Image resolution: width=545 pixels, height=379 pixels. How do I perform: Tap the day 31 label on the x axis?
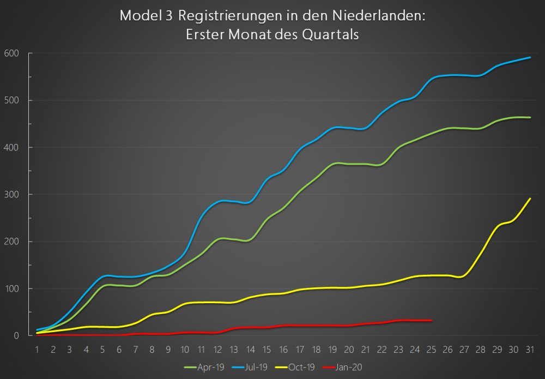(529, 348)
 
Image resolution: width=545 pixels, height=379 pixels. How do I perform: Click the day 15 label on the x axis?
(267, 348)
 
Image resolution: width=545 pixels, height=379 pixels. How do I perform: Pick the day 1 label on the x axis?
(37, 348)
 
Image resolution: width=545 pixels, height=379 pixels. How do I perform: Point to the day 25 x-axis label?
(431, 348)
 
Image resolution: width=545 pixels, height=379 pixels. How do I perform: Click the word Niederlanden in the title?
(386, 16)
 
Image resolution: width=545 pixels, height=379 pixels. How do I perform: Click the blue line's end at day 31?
(530, 57)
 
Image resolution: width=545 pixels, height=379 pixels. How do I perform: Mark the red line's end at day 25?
(432, 320)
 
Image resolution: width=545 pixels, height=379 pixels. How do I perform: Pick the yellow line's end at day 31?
(530, 198)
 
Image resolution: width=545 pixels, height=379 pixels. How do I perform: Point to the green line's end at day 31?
(530, 117)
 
